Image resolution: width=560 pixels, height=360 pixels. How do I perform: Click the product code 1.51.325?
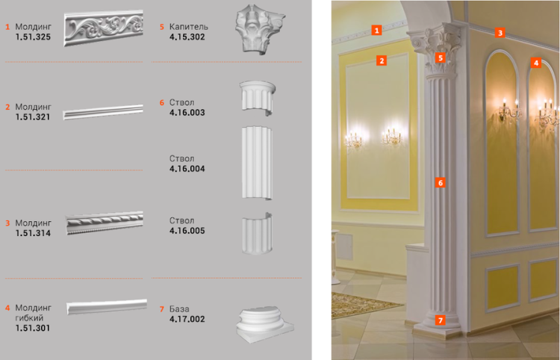[33, 37]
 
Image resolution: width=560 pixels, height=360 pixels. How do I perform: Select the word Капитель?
[189, 27]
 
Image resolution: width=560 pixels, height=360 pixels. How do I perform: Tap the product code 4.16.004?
[187, 169]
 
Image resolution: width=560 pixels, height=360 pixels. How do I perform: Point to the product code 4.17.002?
[187, 319]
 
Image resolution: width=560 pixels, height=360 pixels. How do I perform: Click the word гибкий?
[29, 318]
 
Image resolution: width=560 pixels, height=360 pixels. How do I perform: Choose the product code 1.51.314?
[33, 233]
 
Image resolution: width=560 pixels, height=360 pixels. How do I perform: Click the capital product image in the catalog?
[260, 29]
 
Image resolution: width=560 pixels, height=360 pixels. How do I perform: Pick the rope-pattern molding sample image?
[105, 223]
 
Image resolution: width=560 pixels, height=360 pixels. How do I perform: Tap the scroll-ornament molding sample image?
[104, 28]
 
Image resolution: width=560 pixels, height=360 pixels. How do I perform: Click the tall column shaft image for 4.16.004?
[257, 163]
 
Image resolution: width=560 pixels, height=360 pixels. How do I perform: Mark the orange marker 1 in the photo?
[376, 30]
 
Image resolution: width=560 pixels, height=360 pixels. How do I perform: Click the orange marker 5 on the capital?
[441, 58]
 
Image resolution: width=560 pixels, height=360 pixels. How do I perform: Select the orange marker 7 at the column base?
[441, 320]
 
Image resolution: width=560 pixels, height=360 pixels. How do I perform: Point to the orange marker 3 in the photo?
[500, 33]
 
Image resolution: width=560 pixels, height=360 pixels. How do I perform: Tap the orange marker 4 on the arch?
[535, 63]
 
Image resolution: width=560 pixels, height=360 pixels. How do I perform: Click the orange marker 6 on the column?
[441, 183]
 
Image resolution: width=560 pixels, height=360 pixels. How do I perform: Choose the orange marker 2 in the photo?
[382, 60]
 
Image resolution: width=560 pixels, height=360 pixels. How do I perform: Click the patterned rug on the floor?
[361, 304]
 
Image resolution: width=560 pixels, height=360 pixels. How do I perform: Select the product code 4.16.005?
[187, 231]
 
